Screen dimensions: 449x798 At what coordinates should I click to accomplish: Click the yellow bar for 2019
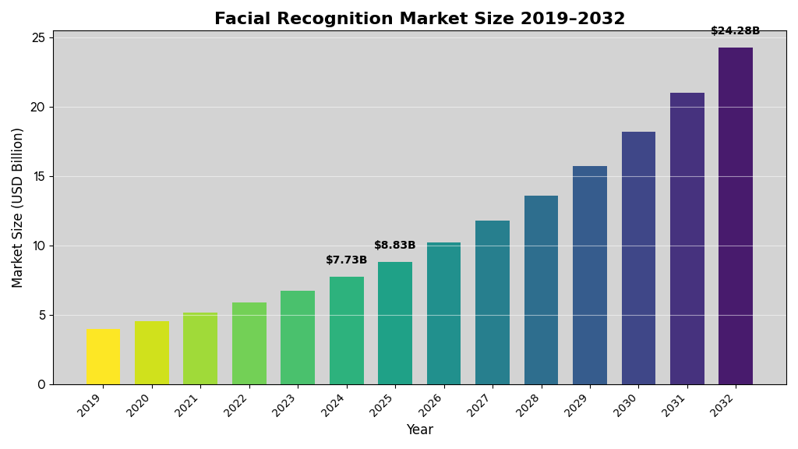point(103,356)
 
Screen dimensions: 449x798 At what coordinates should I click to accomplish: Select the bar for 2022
point(249,343)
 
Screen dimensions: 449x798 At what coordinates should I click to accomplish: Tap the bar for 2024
point(347,331)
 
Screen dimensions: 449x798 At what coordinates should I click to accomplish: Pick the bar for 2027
point(493,302)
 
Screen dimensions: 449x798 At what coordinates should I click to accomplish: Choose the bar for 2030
point(638,258)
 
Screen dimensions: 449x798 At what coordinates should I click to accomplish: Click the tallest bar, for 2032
point(736,216)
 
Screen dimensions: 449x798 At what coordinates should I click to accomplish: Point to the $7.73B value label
point(347,260)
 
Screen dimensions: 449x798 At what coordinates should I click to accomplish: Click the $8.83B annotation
point(395,246)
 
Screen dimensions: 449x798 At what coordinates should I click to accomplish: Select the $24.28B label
point(735,31)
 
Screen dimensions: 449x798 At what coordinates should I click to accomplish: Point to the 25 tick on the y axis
point(38,37)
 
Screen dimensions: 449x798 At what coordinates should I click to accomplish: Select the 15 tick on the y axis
point(38,176)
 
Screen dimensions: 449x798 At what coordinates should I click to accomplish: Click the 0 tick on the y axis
point(41,384)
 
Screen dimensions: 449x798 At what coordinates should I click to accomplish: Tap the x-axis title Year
point(419,430)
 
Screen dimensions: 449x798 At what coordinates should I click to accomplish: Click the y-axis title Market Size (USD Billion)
point(18,207)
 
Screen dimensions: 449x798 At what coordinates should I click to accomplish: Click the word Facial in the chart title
point(240,19)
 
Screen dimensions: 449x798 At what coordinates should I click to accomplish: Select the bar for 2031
point(687,239)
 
